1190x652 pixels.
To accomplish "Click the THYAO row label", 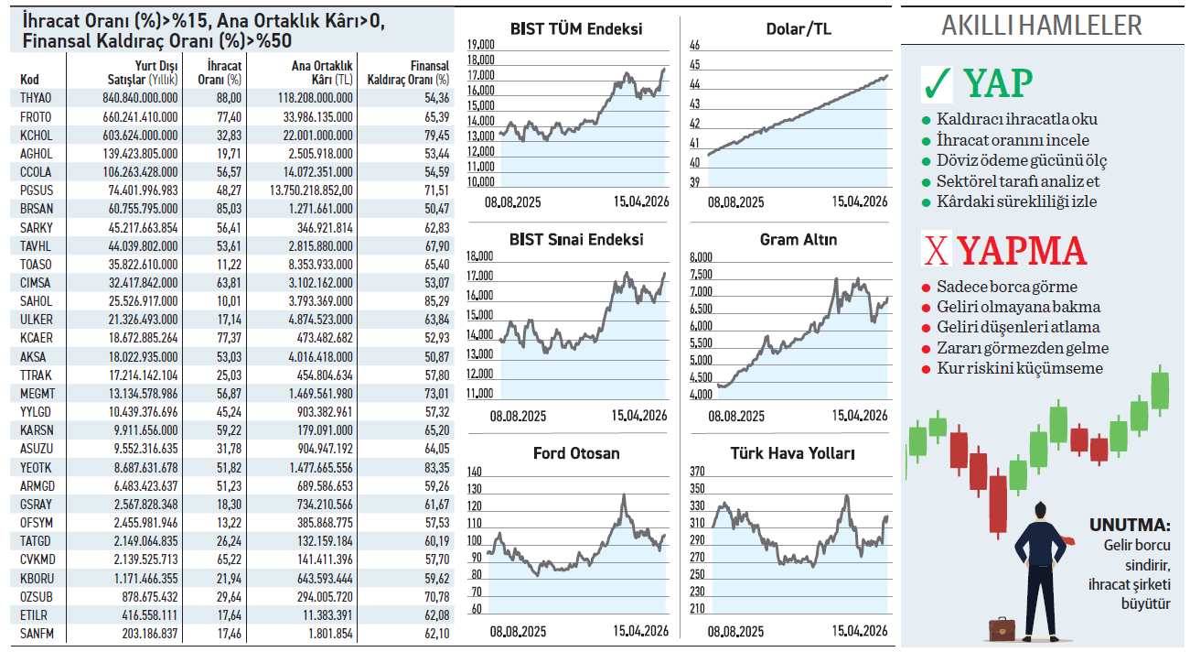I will click(x=36, y=98).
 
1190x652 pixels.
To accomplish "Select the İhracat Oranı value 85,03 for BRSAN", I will click(x=229, y=209).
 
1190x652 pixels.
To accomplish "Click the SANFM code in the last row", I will click(x=37, y=634).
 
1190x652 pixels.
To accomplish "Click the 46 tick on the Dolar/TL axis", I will click(x=694, y=46).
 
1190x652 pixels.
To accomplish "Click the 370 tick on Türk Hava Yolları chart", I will click(x=697, y=472).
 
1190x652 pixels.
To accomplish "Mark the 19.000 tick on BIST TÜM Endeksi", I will click(x=481, y=46).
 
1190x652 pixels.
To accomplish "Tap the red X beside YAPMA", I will click(x=935, y=251).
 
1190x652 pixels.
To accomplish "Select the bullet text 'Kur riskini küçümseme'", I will click(x=1020, y=368).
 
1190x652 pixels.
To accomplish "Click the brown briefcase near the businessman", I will click(x=1002, y=629).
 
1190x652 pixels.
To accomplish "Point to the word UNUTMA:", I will click(x=1130, y=527).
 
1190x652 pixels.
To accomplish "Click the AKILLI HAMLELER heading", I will click(x=1042, y=26).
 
